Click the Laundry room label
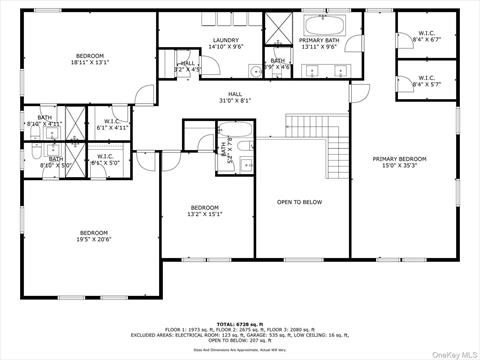tap(225, 40)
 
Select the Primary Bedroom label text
tap(400, 159)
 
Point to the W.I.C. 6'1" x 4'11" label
tap(111, 124)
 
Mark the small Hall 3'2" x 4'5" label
tap(187, 66)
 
